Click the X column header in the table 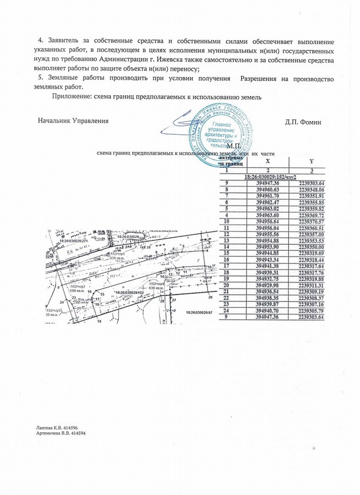click(268, 162)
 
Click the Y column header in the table click(311, 162)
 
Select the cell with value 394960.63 click(268, 190)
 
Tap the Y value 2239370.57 click(312, 221)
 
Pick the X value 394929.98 click(268, 285)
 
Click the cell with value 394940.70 click(268, 311)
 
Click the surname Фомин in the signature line click(312, 121)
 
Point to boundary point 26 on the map click(210, 297)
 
